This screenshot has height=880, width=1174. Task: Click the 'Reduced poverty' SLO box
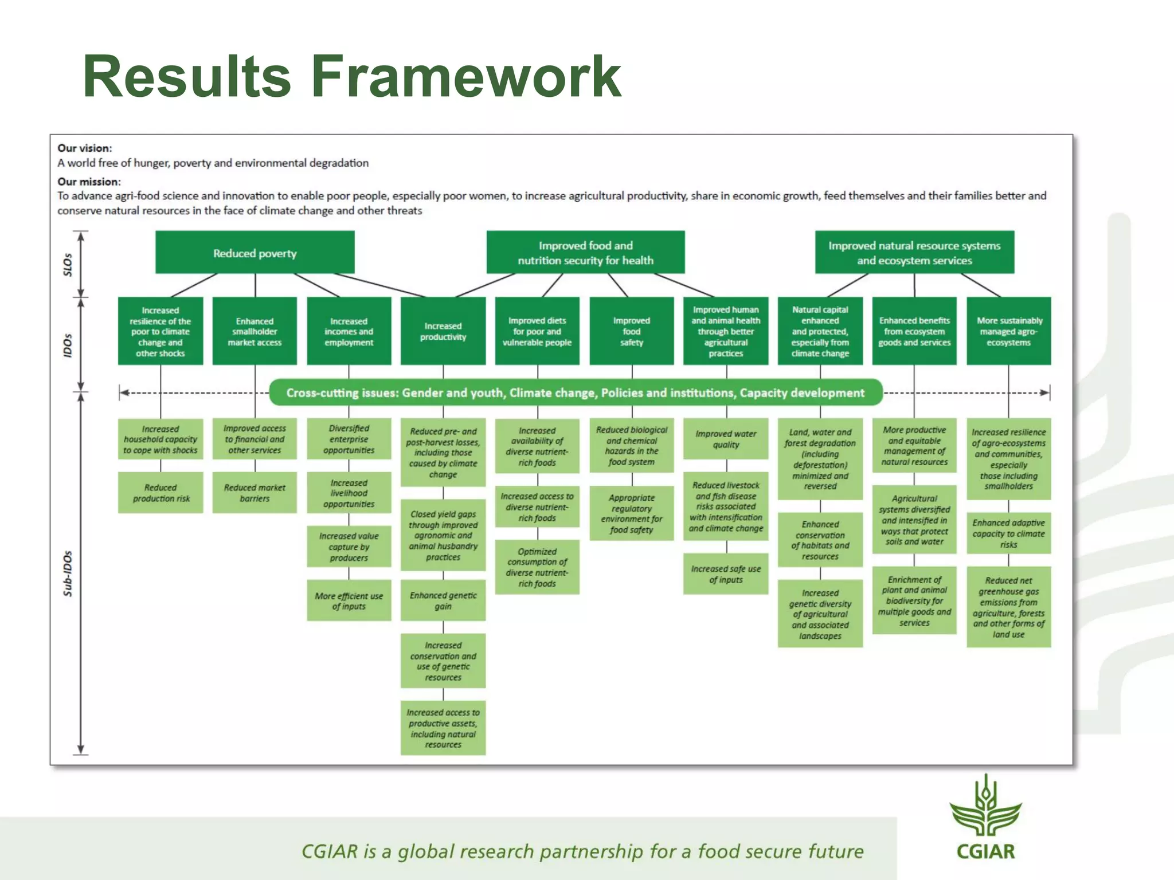[255, 253]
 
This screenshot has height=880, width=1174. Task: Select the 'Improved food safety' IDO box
[631, 331]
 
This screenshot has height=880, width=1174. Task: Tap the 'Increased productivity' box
[443, 331]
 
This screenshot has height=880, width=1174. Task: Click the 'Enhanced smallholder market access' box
[255, 331]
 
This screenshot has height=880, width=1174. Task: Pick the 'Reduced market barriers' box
[255, 493]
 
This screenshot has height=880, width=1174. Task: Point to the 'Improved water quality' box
[726, 439]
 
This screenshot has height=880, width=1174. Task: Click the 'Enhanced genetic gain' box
[443, 600]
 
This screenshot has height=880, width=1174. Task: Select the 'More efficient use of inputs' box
[349, 600]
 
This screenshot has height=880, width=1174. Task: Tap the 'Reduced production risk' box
[161, 493]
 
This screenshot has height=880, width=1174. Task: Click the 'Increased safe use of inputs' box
[726, 573]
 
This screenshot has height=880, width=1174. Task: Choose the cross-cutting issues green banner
[576, 392]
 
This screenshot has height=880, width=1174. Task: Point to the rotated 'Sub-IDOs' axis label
[68, 573]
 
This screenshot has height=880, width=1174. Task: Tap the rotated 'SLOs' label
[68, 265]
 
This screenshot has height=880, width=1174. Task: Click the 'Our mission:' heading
[89, 182]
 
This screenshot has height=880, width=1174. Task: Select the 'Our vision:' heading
[84, 148]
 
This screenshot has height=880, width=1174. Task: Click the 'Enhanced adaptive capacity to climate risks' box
[1008, 533]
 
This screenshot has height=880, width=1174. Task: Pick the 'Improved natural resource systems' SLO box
[914, 253]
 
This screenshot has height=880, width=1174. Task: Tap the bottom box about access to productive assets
[443, 728]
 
